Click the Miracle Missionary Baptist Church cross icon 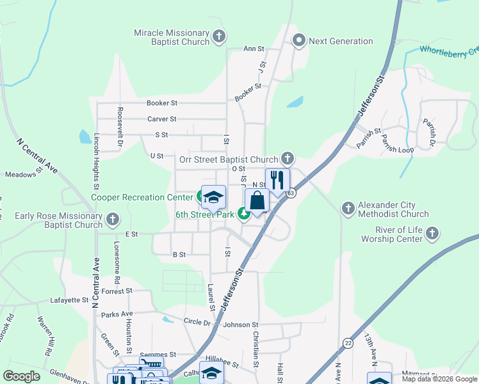pos(218,36)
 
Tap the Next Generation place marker pos(298,41)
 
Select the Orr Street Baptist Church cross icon pos(288,159)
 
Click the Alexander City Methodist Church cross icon pos(348,208)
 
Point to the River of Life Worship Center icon pos(432,232)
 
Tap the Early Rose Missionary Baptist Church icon pos(113,220)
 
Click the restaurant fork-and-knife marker pos(277,180)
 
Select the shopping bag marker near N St pos(257,200)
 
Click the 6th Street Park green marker pos(244,214)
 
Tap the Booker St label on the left pos(161,102)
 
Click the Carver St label pos(161,119)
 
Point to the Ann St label pos(254,49)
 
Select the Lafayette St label pos(69,300)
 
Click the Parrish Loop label pos(397,144)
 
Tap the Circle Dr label pos(197,322)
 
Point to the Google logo pos(21,376)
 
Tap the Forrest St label pos(116,291)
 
